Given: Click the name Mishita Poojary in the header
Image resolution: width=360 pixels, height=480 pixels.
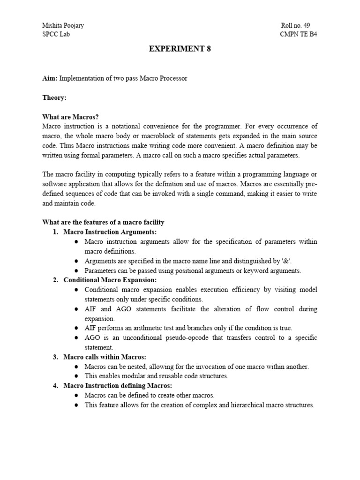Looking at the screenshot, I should pyautogui.click(x=63, y=25).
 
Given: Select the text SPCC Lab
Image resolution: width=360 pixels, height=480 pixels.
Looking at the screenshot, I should pyautogui.click(x=57, y=34).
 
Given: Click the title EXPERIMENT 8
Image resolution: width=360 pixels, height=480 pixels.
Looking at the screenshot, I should pyautogui.click(x=180, y=49).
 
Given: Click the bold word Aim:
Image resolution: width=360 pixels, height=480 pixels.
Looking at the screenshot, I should pyautogui.click(x=50, y=78).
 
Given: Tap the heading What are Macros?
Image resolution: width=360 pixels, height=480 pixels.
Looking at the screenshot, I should pyautogui.click(x=71, y=117).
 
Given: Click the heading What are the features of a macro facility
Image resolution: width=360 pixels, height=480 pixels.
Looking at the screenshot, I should pyautogui.click(x=103, y=222).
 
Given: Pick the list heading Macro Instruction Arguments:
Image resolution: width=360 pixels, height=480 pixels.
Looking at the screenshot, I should pyautogui.click(x=110, y=232).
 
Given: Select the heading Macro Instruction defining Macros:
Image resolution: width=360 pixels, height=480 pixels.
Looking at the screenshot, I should pyautogui.click(x=118, y=386).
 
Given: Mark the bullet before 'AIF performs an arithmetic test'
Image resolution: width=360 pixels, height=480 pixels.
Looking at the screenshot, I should pyautogui.click(x=76, y=328).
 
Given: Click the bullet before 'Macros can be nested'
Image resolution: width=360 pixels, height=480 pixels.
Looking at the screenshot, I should pyautogui.click(x=76, y=367).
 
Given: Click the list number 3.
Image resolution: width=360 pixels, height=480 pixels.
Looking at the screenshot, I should pyautogui.click(x=55, y=357).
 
